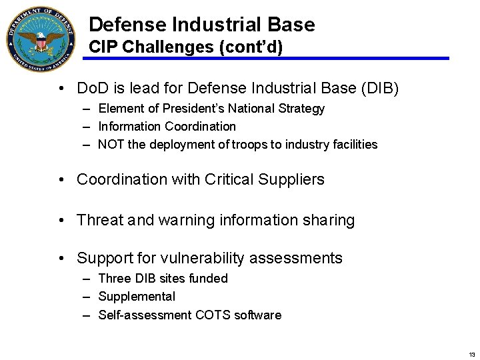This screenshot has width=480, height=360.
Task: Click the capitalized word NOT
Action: (111, 144)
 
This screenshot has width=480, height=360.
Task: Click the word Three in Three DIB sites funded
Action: (113, 278)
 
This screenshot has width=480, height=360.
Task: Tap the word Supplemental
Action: (137, 297)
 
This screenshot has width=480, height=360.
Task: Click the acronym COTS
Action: (212, 315)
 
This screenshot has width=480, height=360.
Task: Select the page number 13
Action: (472, 354)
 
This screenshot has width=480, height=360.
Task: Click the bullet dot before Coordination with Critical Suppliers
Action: (61, 179)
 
